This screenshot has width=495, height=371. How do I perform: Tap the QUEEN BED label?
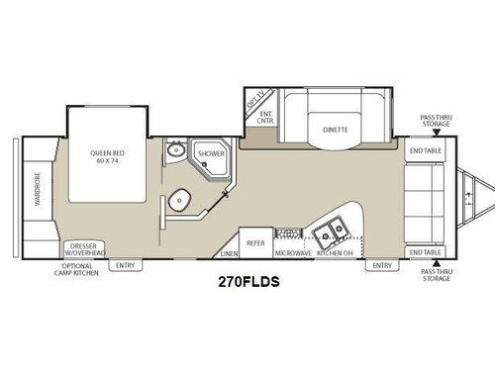click(104, 156)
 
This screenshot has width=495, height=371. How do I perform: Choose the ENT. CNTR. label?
click(265, 118)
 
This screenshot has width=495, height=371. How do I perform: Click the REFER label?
click(254, 241)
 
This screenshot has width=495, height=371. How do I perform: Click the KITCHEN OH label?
click(335, 254)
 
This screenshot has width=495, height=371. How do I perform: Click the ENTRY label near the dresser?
click(125, 265)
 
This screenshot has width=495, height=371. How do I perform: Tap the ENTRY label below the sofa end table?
click(381, 265)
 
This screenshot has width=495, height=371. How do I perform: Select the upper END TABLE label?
click(424, 150)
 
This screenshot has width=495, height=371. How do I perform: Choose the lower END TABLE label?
click(424, 252)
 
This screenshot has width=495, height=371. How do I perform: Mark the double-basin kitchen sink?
click(329, 232)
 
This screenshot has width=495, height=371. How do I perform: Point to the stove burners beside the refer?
click(288, 233)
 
